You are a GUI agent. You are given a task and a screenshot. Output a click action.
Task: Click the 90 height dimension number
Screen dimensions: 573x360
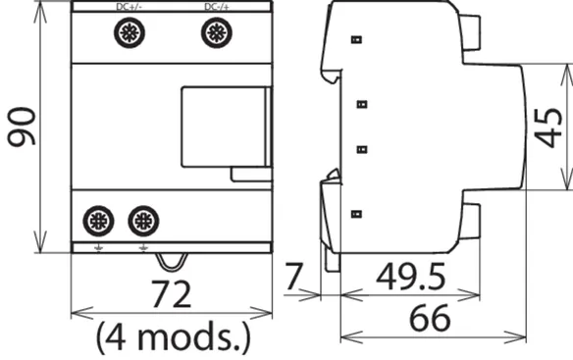point(22,127)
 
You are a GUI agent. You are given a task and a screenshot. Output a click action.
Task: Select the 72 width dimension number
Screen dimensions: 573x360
point(171,294)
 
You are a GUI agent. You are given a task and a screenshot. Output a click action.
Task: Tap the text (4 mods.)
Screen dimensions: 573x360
point(174,337)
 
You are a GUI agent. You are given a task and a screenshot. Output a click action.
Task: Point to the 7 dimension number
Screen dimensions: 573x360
point(293,277)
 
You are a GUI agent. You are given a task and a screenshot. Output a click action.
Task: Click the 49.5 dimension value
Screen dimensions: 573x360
point(411,277)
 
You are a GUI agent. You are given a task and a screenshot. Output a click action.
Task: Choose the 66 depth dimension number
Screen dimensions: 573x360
point(430,318)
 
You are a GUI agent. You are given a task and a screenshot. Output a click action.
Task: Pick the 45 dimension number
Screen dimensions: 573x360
point(548,128)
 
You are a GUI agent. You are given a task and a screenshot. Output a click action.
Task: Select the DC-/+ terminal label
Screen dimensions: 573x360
point(217,7)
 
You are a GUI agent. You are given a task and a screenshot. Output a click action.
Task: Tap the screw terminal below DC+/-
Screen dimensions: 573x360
point(130,33)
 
